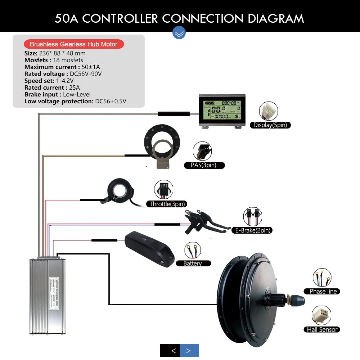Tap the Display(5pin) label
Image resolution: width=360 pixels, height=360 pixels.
[270, 125]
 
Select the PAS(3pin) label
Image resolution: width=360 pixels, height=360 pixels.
[203, 165]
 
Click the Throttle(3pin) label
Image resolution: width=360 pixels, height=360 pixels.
[166, 204]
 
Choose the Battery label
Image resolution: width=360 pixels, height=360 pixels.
[193, 263]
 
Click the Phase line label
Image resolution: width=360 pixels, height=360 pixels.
[322, 291]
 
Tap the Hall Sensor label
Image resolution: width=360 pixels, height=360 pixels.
[321, 329]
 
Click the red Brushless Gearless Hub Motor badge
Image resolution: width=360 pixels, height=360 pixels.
[74, 44]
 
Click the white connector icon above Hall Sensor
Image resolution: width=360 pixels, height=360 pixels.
[321, 315]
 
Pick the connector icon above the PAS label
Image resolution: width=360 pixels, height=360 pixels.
[202, 152]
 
